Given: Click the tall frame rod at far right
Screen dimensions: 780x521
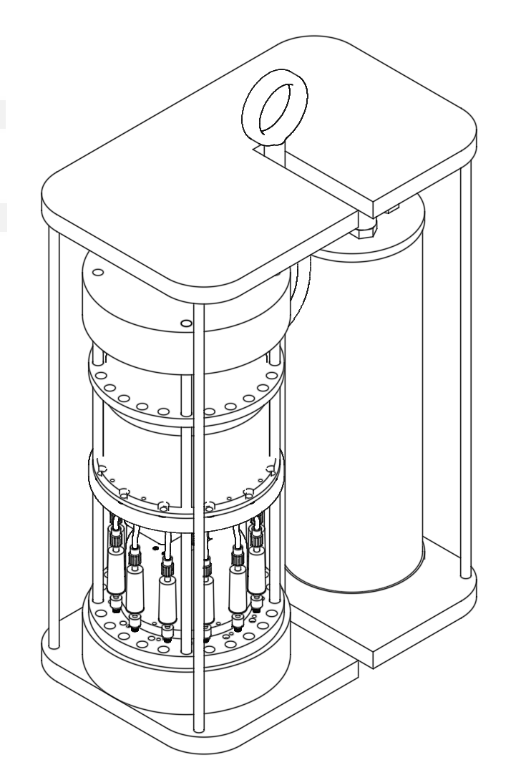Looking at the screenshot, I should (466, 372).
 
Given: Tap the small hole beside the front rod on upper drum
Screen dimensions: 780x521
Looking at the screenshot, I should (186, 323).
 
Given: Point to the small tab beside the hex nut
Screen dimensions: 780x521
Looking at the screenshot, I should (393, 210).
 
